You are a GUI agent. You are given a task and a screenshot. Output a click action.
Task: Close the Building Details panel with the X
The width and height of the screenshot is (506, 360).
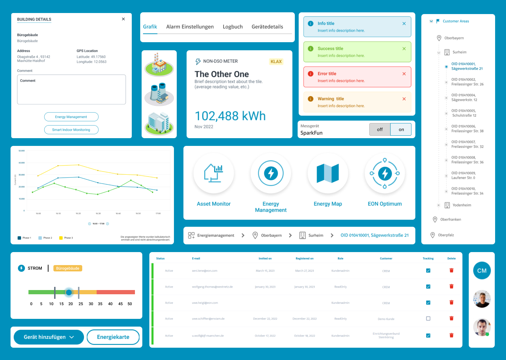tap(123, 19)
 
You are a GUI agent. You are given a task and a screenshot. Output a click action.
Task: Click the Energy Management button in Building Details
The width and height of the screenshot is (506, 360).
tap(71, 117)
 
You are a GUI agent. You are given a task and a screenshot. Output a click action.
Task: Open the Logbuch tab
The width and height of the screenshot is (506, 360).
tap(233, 27)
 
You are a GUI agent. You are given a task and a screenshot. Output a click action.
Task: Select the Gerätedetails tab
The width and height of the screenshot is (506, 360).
tap(267, 27)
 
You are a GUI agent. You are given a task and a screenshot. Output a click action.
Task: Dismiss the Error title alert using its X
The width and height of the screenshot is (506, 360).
tap(404, 74)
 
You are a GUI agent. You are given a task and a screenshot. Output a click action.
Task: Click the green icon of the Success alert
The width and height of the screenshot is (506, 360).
tap(311, 49)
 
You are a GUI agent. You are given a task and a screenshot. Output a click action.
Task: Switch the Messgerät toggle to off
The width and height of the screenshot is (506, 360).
tap(380, 129)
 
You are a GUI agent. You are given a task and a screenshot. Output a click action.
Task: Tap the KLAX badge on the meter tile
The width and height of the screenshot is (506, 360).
tap(276, 62)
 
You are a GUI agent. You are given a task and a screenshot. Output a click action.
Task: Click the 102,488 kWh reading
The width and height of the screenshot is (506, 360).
tap(230, 116)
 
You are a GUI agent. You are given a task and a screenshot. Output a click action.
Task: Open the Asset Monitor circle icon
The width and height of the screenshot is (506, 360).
tap(214, 173)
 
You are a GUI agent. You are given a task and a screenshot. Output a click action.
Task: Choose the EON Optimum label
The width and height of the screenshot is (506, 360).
tap(385, 204)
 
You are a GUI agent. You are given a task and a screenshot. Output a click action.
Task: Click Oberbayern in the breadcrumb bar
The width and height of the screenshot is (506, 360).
tap(271, 236)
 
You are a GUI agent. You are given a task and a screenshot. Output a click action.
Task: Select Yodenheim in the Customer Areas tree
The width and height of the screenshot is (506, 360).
tap(462, 205)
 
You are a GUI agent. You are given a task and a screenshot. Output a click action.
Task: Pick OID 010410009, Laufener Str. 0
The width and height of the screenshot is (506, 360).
tap(463, 175)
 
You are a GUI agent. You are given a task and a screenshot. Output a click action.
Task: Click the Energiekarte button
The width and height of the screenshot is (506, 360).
tap(113, 337)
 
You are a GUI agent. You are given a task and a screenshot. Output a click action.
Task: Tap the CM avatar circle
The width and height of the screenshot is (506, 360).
tap(482, 271)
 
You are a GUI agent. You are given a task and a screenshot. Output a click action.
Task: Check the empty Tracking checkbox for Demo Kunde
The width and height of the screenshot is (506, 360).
tap(428, 319)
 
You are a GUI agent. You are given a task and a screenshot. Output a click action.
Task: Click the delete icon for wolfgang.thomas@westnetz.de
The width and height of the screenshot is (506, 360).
tap(452, 287)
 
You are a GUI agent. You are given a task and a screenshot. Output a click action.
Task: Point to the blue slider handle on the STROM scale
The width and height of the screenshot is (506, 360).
tap(69, 292)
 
